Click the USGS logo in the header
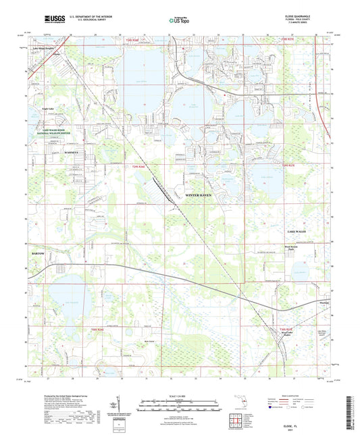click(x=53, y=20)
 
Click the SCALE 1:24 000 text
click(x=179, y=396)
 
